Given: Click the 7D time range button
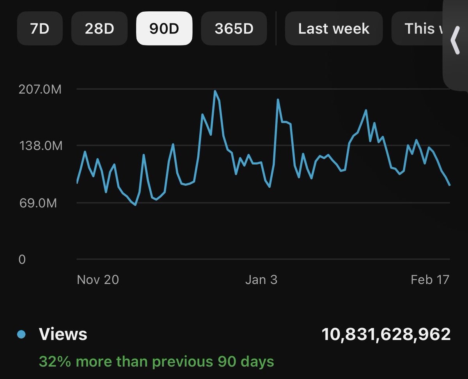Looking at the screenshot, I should point(39,28).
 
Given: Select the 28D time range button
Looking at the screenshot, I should point(99,28).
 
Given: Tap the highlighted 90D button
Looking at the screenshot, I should point(164,28).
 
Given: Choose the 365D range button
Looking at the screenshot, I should point(234,28).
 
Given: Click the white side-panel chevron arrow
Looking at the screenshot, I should point(455,41).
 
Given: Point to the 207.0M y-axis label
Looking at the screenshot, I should point(40,89).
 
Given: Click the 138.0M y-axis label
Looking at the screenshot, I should point(40,146).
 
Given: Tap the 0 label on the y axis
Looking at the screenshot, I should point(22,259).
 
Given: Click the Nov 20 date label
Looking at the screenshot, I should point(98,280).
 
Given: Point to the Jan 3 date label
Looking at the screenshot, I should point(261,280).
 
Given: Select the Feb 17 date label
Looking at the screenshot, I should point(430,280).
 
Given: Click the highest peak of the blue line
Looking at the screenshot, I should point(215,91).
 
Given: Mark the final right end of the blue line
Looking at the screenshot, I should point(450,185).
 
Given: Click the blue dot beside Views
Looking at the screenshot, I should point(22,335).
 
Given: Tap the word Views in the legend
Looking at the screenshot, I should point(63,335).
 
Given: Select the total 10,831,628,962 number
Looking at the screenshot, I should point(386,335).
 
